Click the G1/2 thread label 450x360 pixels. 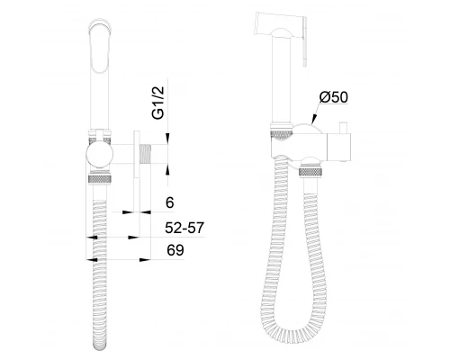click(x=158, y=103)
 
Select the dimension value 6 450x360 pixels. click(x=170, y=203)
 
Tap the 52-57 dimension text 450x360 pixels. click(x=184, y=228)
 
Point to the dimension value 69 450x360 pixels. click(x=175, y=250)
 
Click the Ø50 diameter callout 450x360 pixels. click(x=334, y=97)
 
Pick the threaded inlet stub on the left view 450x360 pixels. click(x=145, y=154)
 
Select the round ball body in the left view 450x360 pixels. click(x=100, y=154)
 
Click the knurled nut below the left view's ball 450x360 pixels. click(x=100, y=177)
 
